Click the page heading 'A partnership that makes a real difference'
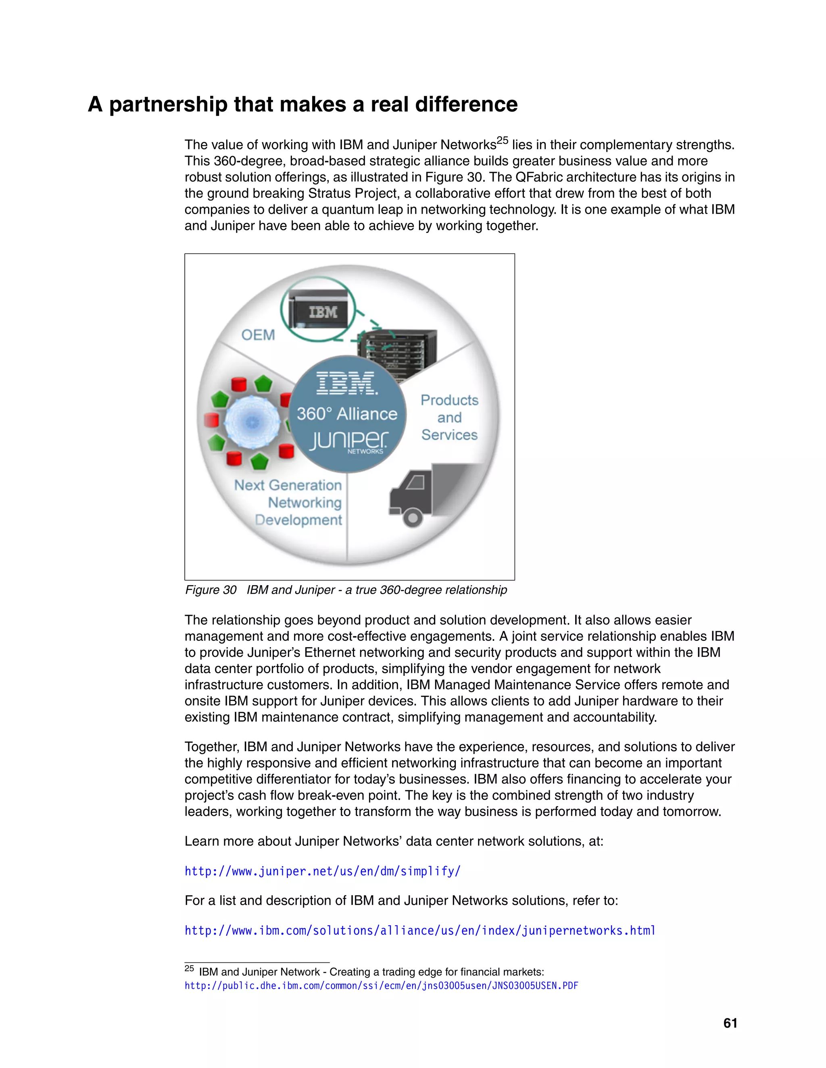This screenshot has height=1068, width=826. click(302, 104)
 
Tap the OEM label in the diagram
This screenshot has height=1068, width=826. click(258, 335)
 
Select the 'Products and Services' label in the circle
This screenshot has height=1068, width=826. click(449, 417)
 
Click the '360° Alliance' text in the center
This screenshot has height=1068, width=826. click(347, 414)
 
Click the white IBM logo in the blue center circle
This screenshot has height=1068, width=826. click(346, 383)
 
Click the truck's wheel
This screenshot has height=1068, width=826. click(413, 517)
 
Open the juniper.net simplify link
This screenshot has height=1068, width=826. click(323, 871)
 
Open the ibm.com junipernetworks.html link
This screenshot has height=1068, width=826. click(420, 930)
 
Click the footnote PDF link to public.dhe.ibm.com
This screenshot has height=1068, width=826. click(381, 985)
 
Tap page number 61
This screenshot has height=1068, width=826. click(730, 1023)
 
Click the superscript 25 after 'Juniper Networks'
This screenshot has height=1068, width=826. click(503, 141)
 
